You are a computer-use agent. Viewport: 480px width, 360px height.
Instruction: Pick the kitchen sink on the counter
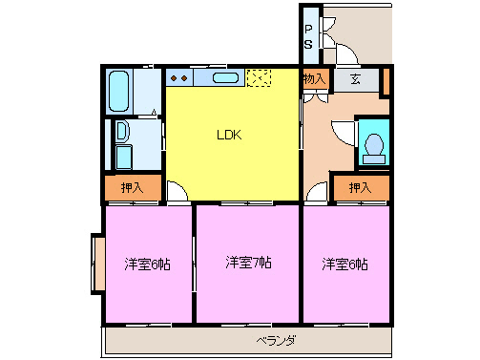(225, 78)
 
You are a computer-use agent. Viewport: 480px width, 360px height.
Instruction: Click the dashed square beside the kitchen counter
(258, 78)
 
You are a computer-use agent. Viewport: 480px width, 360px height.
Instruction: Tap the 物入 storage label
(315, 80)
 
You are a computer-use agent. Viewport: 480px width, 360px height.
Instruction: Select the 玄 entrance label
(355, 80)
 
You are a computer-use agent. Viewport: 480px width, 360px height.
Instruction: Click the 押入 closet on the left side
(133, 188)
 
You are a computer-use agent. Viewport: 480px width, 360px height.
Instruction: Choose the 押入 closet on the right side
(360, 188)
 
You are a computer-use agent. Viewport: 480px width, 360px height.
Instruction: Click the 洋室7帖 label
(248, 262)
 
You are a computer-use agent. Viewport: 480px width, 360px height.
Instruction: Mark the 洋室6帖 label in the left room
(147, 264)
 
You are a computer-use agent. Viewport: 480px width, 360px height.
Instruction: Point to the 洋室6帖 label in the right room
(344, 264)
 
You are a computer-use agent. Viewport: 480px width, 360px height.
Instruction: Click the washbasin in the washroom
(123, 132)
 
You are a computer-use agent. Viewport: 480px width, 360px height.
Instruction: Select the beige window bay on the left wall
(96, 265)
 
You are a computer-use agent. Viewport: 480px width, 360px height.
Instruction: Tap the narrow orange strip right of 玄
(386, 81)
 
